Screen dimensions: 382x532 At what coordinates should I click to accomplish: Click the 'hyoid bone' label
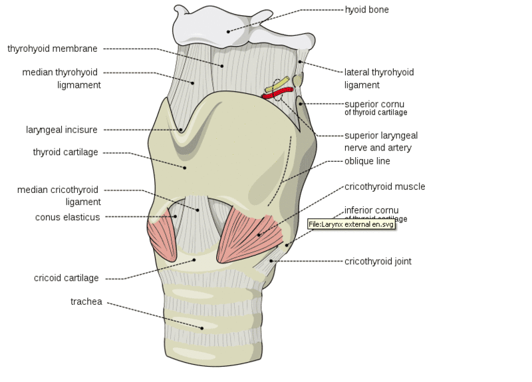[x=366, y=10]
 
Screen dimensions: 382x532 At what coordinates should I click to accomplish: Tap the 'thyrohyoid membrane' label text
[x=53, y=49]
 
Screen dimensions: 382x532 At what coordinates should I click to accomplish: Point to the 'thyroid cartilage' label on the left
[x=65, y=152]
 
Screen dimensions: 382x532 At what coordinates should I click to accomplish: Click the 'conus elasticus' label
[x=67, y=217]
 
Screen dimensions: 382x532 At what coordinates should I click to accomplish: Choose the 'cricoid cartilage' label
[x=66, y=278]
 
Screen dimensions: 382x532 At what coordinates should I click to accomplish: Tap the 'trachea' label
[x=86, y=301]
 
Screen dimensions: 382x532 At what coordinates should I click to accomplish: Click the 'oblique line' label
[x=367, y=161]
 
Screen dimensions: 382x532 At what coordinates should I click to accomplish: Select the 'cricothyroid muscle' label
[x=384, y=187]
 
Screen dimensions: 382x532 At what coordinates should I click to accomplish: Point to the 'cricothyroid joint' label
[x=378, y=262]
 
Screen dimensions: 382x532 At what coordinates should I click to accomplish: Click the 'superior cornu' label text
[x=374, y=104]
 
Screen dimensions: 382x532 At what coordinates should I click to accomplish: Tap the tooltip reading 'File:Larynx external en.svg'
[x=352, y=224]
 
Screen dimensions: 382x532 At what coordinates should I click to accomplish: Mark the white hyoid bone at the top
[x=229, y=27]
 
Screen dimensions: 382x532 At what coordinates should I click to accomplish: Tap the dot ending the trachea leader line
[x=201, y=327]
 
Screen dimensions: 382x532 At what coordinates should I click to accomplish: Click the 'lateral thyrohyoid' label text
[x=378, y=72]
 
